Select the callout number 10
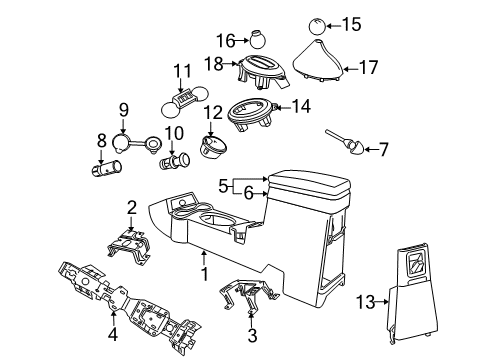(x=170, y=132)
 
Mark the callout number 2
(x=131, y=208)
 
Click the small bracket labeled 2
(x=131, y=244)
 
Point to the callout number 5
(x=223, y=184)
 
